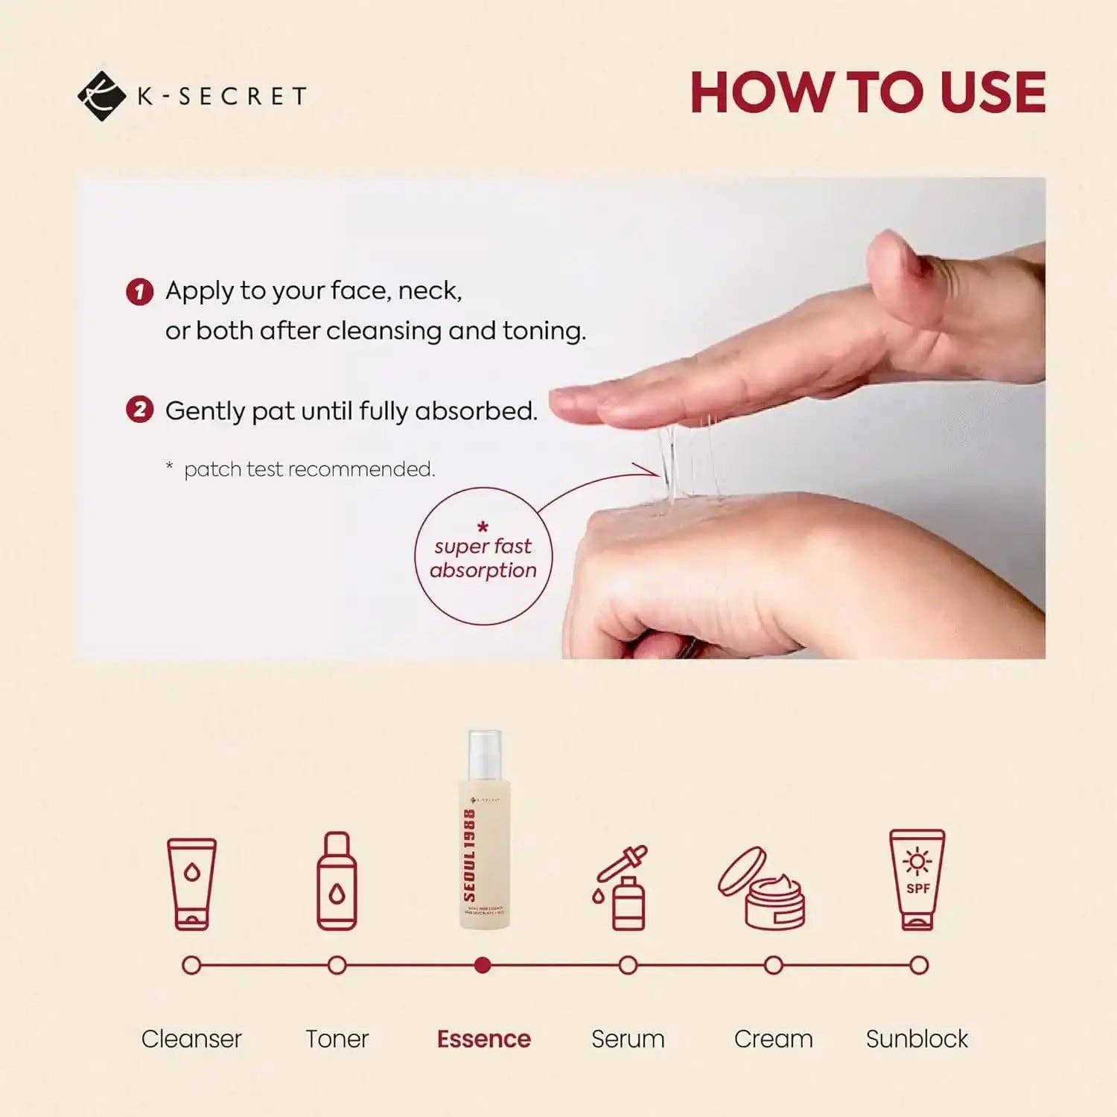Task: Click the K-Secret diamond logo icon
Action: coord(101,96)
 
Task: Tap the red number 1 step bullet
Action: coord(139,291)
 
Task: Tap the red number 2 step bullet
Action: coord(139,410)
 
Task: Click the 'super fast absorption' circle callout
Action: coord(483,557)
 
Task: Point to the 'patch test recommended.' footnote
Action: coord(308,469)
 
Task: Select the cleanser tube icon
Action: coord(191,884)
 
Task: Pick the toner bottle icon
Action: coord(337,881)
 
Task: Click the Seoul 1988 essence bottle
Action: coord(484,830)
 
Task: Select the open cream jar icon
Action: coord(763,888)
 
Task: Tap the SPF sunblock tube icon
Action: coord(917,880)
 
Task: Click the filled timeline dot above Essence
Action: coord(483,966)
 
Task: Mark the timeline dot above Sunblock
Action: coord(919,966)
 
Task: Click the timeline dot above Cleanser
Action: coord(191,966)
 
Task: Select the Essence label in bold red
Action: coord(483,1039)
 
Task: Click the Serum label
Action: coord(628,1039)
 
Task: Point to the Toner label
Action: coord(337,1039)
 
